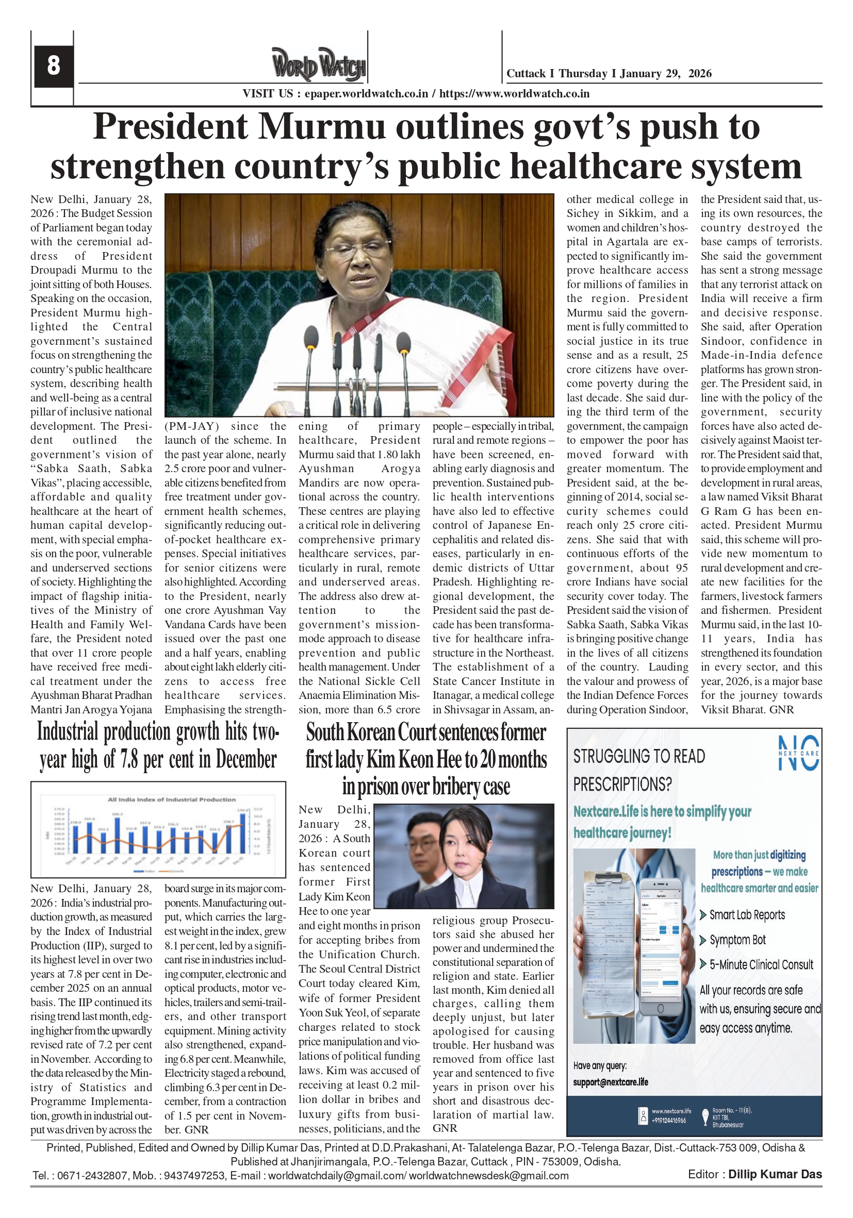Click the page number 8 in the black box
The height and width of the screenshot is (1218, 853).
click(x=53, y=66)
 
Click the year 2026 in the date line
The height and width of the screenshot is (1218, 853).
click(x=700, y=74)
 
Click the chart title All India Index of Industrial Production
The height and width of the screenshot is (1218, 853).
click(x=171, y=799)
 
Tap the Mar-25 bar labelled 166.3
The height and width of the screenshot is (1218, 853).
click(x=117, y=835)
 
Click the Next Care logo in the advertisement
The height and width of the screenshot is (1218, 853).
click(x=798, y=753)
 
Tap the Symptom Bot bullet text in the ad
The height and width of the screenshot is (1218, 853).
click(x=737, y=940)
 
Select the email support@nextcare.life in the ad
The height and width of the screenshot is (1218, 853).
click(x=611, y=1082)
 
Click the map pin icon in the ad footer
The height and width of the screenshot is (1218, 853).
click(x=705, y=1116)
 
